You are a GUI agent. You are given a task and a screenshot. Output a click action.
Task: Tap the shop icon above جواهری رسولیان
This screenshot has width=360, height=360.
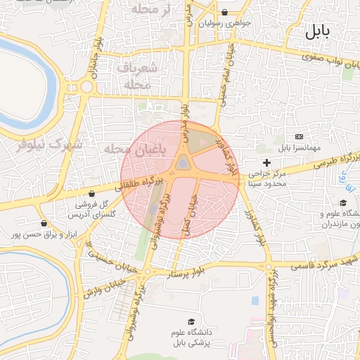[x=224, y=12]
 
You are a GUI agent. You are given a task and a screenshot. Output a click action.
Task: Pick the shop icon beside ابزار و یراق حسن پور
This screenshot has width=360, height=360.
[x=44, y=224]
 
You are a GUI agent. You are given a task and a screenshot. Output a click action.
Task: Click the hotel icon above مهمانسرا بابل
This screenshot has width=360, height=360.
[x=300, y=136]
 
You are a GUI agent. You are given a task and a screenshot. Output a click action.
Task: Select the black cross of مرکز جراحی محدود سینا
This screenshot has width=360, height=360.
[x=266, y=163]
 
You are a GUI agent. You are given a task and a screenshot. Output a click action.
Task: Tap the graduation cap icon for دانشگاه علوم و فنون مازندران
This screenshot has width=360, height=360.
[x=342, y=203]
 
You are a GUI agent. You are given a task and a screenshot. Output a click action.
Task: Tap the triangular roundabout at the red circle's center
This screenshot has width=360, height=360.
[x=183, y=163]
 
